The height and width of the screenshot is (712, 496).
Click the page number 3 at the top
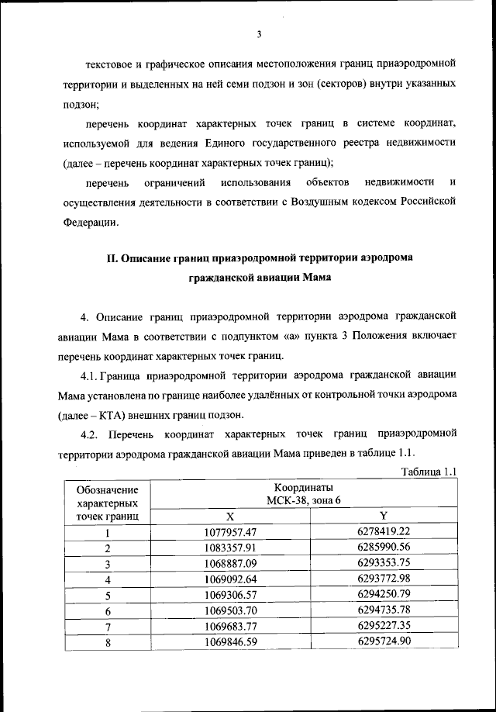pos(258,33)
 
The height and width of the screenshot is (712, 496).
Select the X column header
pos(229,516)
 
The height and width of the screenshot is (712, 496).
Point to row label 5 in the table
pos(108,595)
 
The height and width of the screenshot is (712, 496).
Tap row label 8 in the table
pos(108,641)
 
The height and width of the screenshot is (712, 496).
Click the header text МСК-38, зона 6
pos(308,500)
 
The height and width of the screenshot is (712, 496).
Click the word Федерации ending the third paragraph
pos(91,222)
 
